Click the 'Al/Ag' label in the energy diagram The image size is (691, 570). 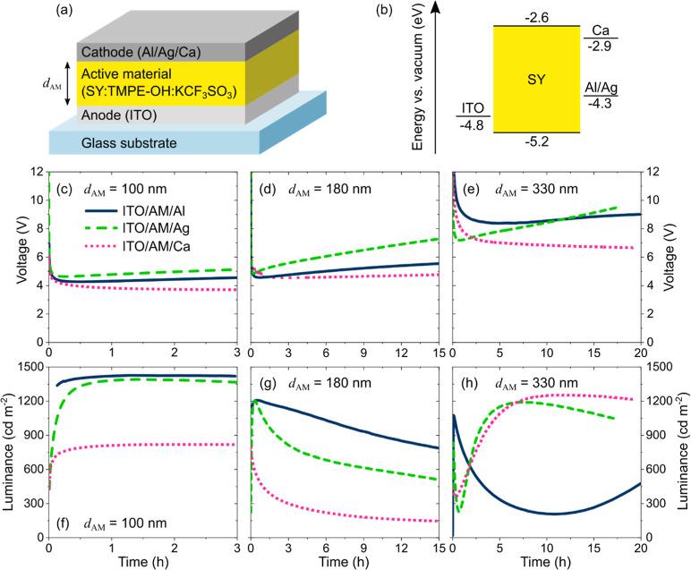pos(600,88)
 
